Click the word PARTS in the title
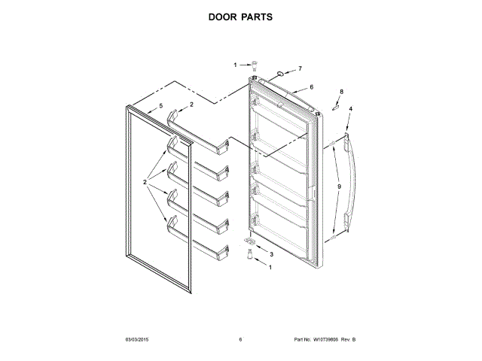coord(258,16)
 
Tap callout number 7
coord(299,68)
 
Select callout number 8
coord(340,91)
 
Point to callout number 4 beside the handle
coord(349,109)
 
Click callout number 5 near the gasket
coord(160,107)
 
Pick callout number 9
coord(339,186)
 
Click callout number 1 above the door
coord(234,65)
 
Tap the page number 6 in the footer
coord(240,340)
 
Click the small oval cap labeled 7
coord(280,74)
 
